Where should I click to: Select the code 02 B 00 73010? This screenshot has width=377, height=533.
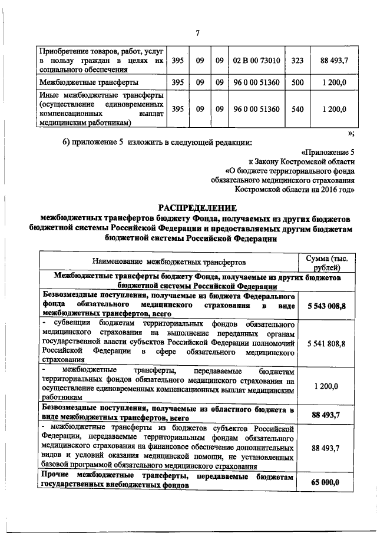click(256, 61)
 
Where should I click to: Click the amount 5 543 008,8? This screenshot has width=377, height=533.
click(326, 306)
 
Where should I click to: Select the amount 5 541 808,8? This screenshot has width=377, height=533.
click(326, 343)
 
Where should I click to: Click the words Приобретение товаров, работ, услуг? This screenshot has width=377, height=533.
click(101, 50)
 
